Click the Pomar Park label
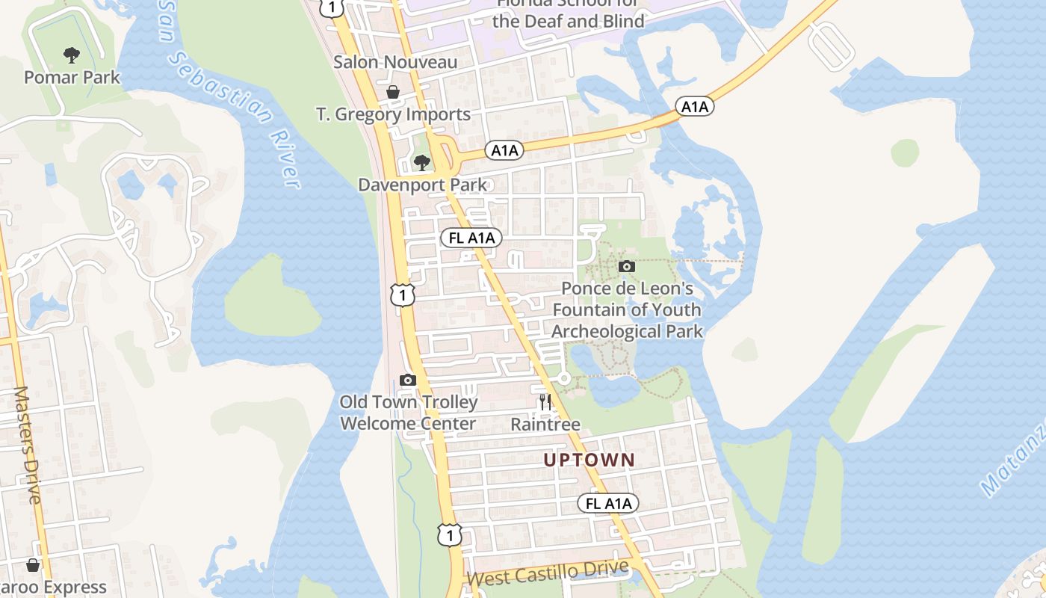[x=72, y=77]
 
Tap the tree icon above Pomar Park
[x=72, y=55]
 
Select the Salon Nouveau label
[x=394, y=62]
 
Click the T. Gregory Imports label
[x=393, y=114]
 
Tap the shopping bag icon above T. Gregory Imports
[x=393, y=92]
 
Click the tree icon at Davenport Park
[x=422, y=162]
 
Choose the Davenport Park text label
[x=422, y=185]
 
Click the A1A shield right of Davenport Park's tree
[x=504, y=150]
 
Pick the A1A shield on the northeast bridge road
[x=695, y=107]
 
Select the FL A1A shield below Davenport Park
[x=471, y=238]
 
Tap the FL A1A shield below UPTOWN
[x=608, y=504]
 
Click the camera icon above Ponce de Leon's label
[x=627, y=266]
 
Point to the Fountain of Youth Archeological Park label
[x=627, y=310]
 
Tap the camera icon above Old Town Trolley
[x=407, y=380]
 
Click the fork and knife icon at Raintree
[x=545, y=402]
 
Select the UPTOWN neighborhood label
[x=589, y=460]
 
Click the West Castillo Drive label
[x=547, y=573]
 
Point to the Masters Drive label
[x=28, y=445]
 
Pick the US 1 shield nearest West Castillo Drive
[x=449, y=534]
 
